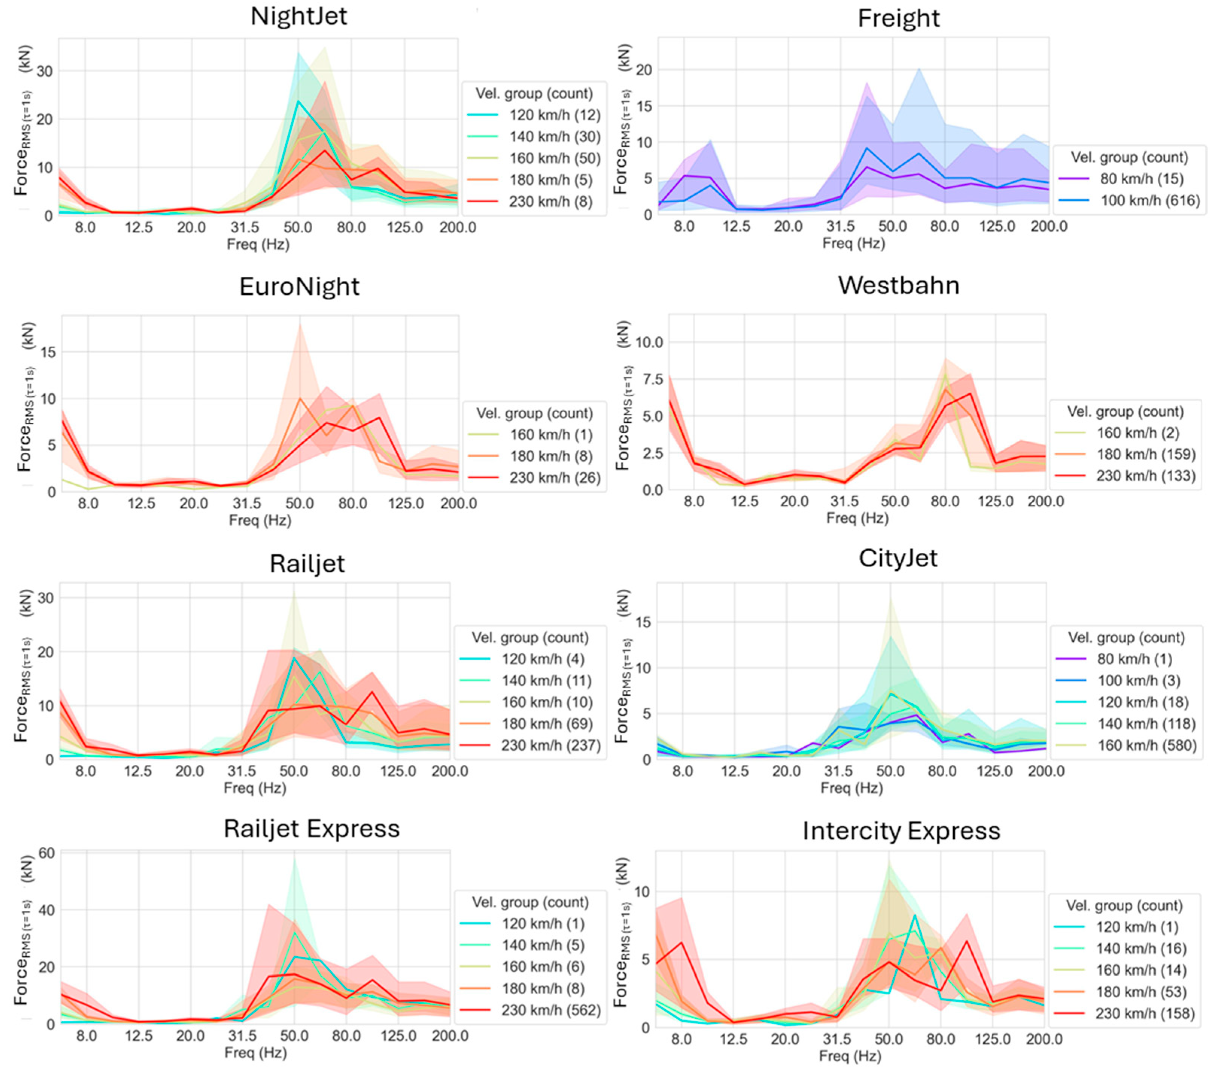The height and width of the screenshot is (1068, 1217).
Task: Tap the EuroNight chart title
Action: [x=299, y=287]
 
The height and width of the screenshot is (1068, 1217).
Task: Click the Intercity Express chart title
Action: [x=901, y=831]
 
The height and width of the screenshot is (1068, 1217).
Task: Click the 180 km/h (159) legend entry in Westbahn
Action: [x=1125, y=454]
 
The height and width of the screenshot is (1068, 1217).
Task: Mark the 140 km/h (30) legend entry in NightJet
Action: [x=533, y=137]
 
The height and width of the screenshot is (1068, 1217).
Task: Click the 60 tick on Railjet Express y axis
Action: [x=46, y=853]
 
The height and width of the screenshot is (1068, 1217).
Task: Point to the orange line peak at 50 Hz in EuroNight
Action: [x=299, y=398]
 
